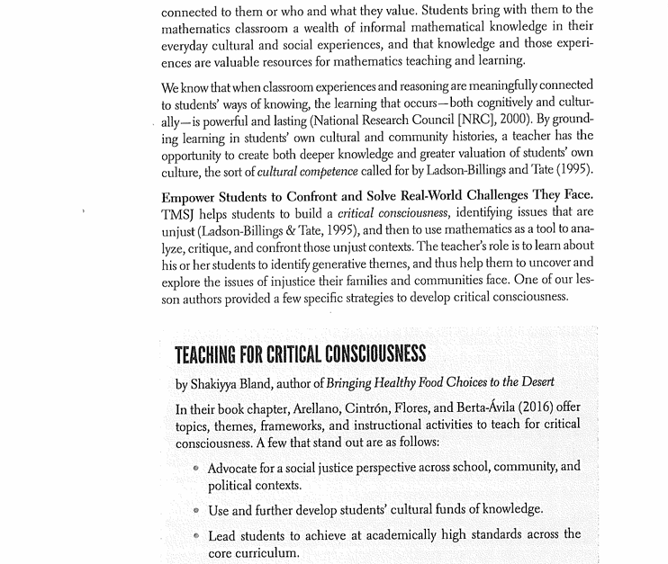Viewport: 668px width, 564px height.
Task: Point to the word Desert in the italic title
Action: click(534, 383)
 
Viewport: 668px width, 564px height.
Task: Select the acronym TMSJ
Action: click(178, 214)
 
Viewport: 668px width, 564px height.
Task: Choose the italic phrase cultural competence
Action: click(307, 171)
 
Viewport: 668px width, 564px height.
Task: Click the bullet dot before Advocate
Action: click(195, 469)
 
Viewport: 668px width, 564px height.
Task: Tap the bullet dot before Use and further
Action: click(195, 511)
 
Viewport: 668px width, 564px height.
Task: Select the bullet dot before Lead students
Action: click(195, 536)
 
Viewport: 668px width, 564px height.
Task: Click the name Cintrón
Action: click(367, 408)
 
